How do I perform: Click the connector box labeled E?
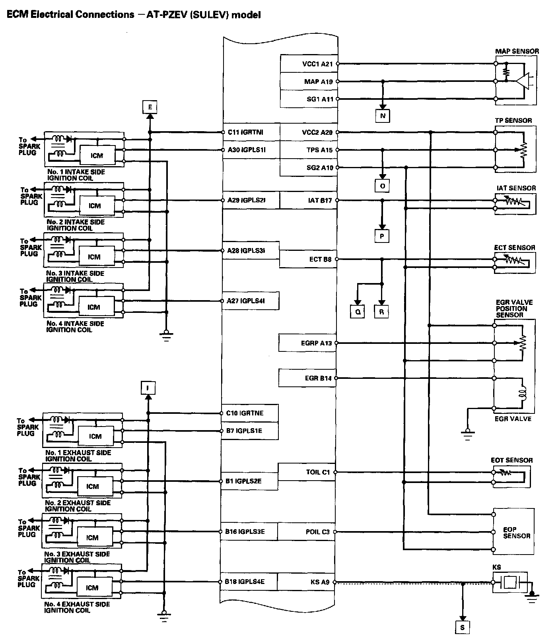point(150,107)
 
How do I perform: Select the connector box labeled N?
point(383,116)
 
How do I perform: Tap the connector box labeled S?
point(462,628)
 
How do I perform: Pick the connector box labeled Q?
point(358,312)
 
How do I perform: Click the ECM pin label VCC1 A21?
point(317,64)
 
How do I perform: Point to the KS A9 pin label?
point(320,582)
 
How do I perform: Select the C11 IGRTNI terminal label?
point(245,132)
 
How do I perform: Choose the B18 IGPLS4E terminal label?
point(245,582)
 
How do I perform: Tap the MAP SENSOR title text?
point(517,51)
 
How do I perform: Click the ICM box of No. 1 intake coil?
point(97,155)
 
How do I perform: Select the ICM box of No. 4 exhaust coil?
point(92,588)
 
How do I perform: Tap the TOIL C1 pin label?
point(318,472)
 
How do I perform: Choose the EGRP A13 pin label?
point(316,343)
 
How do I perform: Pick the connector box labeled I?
point(148,388)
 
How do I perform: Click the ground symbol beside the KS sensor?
point(532,596)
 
